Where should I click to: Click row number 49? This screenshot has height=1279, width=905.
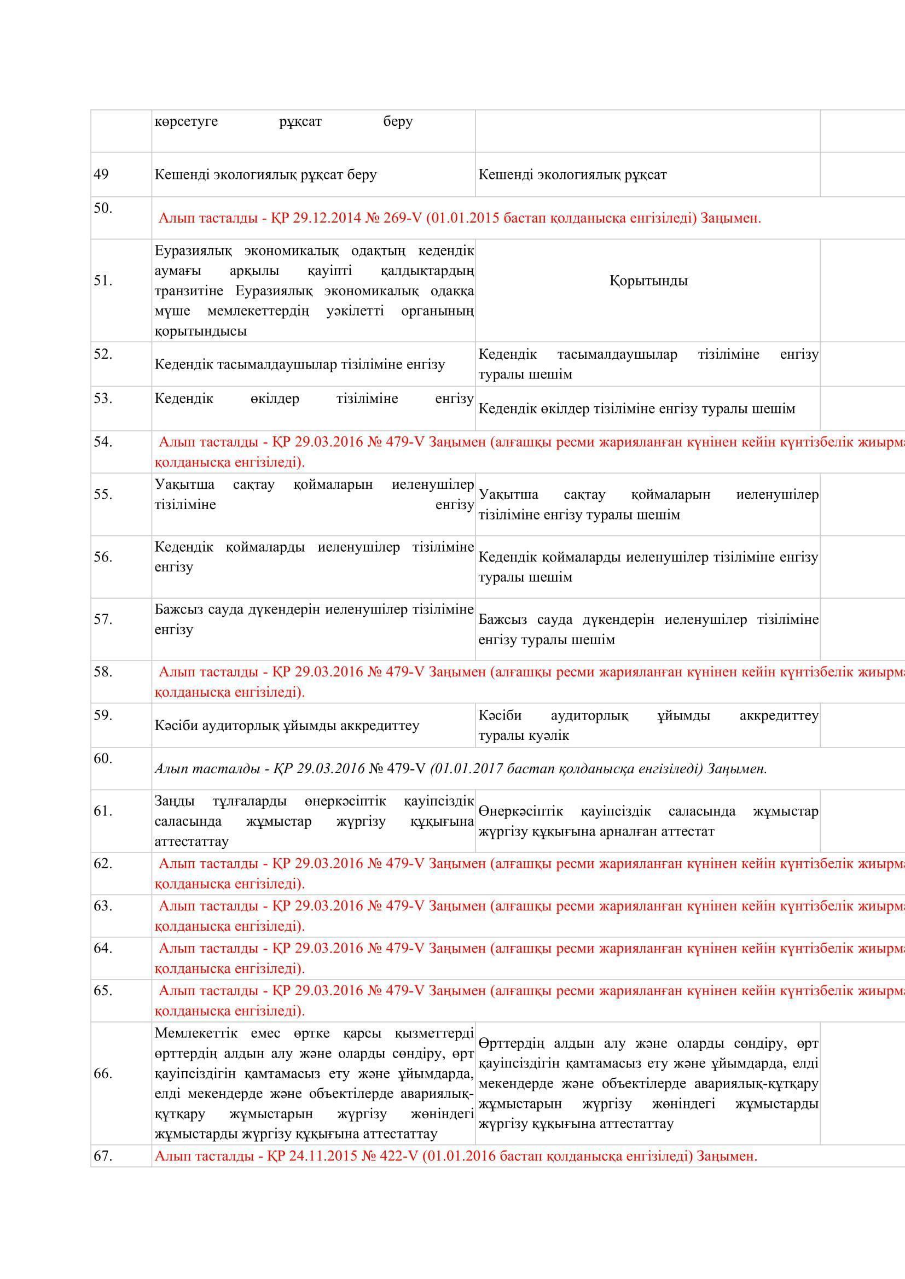pyautogui.click(x=101, y=174)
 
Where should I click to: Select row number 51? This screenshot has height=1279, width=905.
pyautogui.click(x=103, y=281)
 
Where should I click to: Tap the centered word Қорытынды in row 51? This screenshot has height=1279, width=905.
pyautogui.click(x=648, y=281)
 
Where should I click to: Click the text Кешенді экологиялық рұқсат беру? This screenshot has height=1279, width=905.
pyautogui.click(x=265, y=174)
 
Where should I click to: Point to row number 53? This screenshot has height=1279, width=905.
pyautogui.click(x=103, y=398)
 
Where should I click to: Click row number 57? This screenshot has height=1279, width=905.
pyautogui.click(x=103, y=619)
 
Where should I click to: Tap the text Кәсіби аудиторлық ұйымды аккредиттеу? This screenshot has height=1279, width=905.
pyautogui.click(x=286, y=725)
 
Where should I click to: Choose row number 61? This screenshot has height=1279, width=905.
pyautogui.click(x=103, y=811)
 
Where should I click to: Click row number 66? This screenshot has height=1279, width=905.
pyautogui.click(x=103, y=1073)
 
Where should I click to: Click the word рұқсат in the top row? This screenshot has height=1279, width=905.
pyautogui.click(x=300, y=121)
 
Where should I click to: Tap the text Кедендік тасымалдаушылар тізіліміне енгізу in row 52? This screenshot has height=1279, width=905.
pyautogui.click(x=300, y=364)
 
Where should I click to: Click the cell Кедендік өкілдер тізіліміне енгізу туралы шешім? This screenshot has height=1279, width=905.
pyautogui.click(x=636, y=409)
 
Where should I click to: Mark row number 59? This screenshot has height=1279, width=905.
pyautogui.click(x=103, y=715)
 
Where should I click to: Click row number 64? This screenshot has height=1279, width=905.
pyautogui.click(x=103, y=948)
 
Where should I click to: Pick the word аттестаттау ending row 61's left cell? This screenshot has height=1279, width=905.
pyautogui.click(x=191, y=841)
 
